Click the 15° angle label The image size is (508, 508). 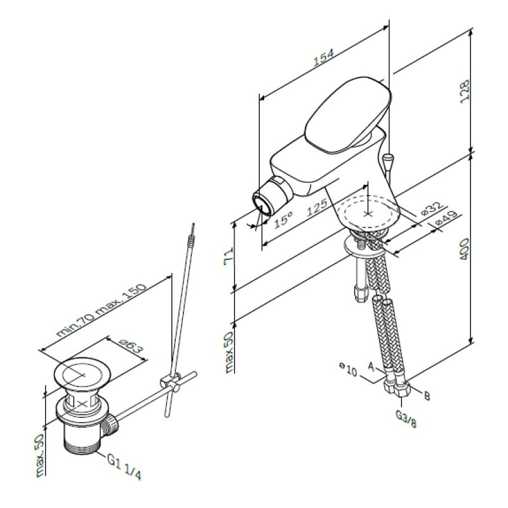283,221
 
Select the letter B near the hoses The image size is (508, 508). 427,396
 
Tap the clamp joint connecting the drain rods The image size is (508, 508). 168,382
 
